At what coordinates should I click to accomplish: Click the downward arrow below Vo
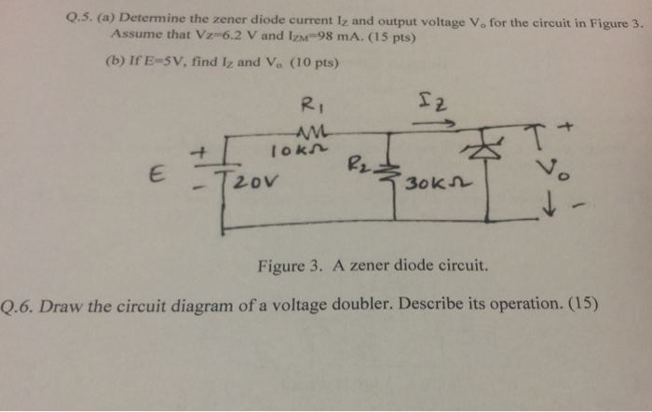(x=549, y=209)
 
